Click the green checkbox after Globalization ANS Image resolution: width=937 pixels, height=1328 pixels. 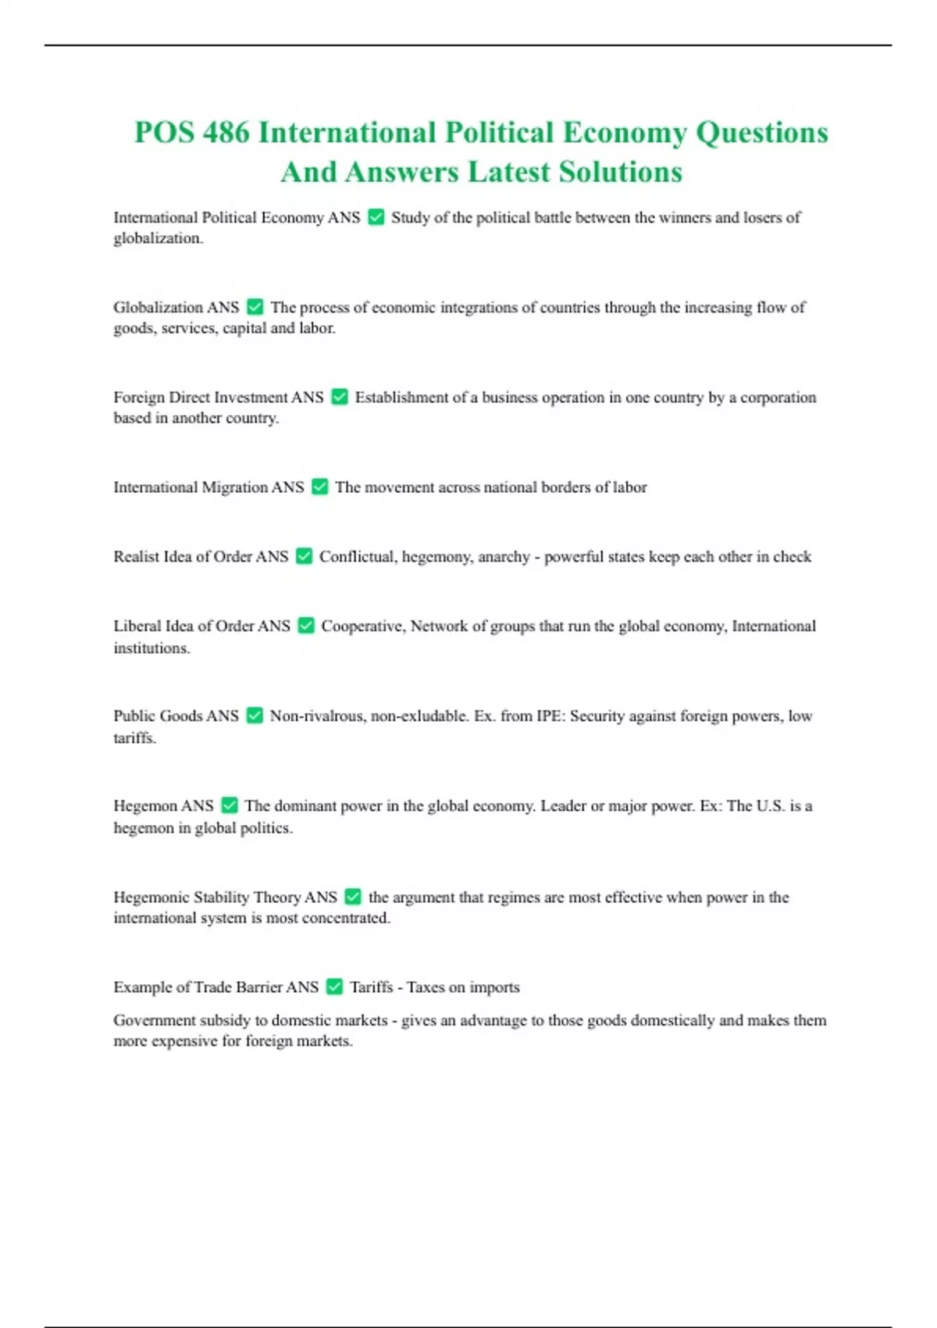(255, 307)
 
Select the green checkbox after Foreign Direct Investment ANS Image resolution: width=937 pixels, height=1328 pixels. (340, 397)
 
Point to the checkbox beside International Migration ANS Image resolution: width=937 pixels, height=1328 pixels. (319, 487)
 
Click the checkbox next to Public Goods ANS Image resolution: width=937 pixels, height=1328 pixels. (255, 716)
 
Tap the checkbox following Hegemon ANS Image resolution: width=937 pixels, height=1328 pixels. (230, 805)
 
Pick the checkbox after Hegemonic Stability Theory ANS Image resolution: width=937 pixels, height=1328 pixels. (353, 897)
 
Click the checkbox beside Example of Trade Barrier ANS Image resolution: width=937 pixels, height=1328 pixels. (334, 987)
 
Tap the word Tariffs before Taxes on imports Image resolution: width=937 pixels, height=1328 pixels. (371, 987)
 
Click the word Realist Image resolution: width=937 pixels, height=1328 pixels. (137, 557)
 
